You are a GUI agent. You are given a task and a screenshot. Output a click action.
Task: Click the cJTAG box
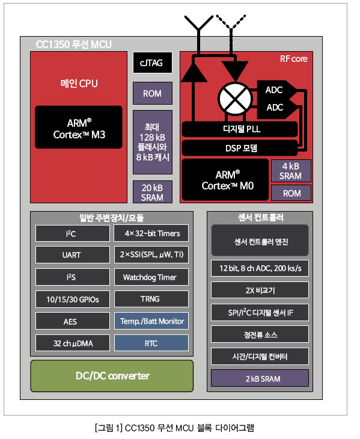153,63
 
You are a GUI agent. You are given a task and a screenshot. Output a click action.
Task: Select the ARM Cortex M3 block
79,127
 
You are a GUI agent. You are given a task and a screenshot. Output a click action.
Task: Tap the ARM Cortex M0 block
225,180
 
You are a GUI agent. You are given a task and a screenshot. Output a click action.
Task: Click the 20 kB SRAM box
153,192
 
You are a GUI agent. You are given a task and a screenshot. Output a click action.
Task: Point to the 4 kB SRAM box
291,171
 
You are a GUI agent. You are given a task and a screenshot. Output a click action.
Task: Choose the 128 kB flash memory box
153,143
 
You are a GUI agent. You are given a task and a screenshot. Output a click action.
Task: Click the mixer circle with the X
235,98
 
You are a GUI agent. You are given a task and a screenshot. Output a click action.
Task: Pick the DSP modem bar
240,148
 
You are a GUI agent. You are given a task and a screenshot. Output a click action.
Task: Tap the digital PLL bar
240,129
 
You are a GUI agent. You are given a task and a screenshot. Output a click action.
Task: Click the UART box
73,255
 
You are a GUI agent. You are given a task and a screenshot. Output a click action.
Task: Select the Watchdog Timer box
151,277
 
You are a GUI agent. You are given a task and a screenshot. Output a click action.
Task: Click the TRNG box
151,299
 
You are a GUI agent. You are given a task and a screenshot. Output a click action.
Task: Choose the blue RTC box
151,343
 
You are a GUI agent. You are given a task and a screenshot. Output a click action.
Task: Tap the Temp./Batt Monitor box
151,321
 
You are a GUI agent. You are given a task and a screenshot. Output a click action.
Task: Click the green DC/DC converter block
112,376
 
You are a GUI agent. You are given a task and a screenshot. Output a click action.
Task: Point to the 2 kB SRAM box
260,378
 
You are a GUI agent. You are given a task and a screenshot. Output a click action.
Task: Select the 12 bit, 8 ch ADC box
260,268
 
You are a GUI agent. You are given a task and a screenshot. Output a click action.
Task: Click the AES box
73,321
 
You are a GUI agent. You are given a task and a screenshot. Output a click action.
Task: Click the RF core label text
293,59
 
